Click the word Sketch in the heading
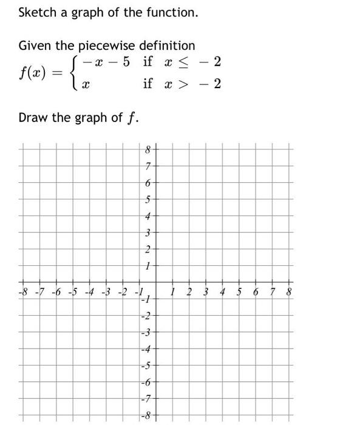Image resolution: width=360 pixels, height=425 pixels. (x=36, y=12)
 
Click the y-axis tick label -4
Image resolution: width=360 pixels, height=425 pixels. (x=145, y=348)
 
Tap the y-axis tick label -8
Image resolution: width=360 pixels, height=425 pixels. (x=145, y=415)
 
